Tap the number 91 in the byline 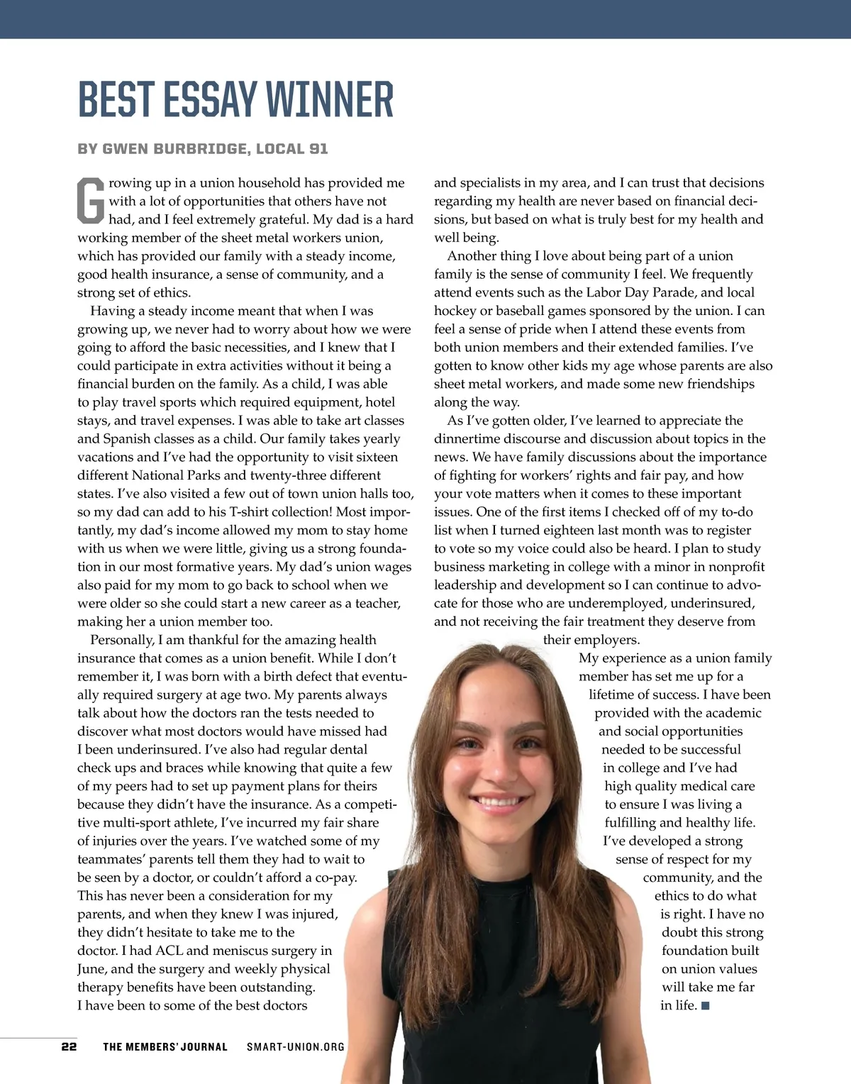pos(318,149)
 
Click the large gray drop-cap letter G pos(90,201)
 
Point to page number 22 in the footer pos(69,1046)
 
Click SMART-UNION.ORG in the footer pos(296,1046)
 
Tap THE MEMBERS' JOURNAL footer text pos(165,1046)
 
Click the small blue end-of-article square pos(705,1005)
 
